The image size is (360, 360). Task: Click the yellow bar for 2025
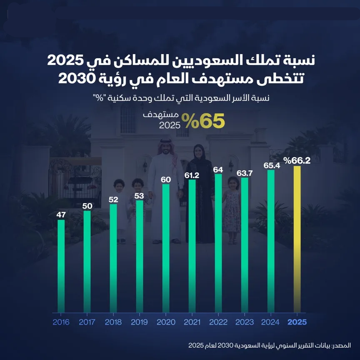click(297, 239)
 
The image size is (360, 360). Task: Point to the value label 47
click(61, 215)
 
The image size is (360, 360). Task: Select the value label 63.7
click(245, 173)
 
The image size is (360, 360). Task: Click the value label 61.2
click(192, 175)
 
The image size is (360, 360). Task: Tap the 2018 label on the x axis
click(113, 322)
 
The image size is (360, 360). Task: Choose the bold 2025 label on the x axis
click(297, 322)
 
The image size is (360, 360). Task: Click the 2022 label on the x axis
click(218, 322)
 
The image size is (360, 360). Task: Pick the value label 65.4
click(271, 165)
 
